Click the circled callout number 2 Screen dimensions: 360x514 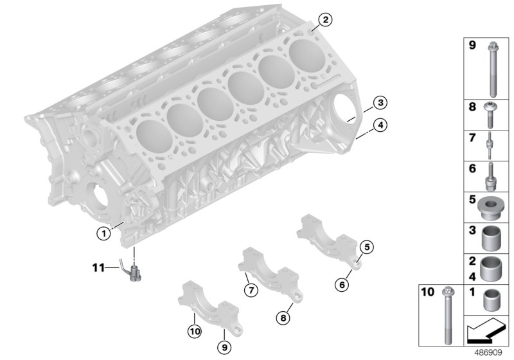[326, 21]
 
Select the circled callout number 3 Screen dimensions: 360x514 [380, 102]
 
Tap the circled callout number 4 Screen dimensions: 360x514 [380, 125]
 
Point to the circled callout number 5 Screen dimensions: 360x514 [367, 246]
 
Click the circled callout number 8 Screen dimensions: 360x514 [283, 316]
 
